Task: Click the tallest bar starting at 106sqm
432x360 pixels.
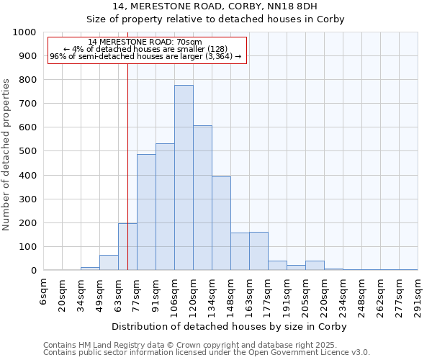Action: tap(184, 178)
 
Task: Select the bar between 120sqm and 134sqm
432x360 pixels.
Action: tap(202, 198)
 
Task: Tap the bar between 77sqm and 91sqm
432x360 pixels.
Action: tap(146, 212)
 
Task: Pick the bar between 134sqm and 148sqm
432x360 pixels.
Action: tap(221, 223)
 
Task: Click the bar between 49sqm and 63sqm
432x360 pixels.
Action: tap(109, 263)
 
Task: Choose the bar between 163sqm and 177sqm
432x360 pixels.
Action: tap(258, 251)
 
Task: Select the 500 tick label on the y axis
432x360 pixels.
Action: tap(27, 152)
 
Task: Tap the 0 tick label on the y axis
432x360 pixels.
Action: tap(33, 271)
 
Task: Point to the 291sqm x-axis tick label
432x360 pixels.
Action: tap(418, 296)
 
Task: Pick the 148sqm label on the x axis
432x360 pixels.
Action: tap(231, 296)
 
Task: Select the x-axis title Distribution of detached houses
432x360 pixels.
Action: tap(230, 327)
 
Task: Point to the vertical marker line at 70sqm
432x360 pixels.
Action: tap(127, 180)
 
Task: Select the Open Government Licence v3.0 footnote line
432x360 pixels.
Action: tap(207, 353)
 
